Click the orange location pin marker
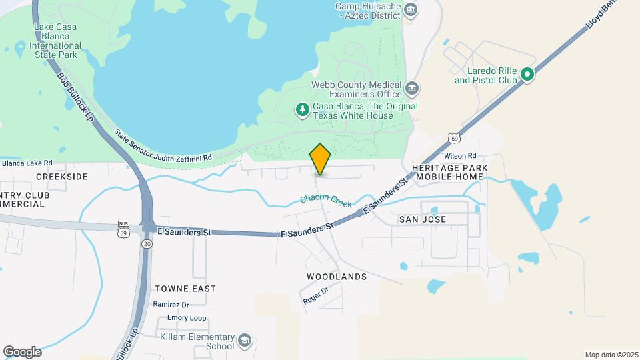coord(321,159)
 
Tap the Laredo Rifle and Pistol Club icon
coord(527,75)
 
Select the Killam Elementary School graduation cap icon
coord(245,341)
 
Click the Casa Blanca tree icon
coord(303,109)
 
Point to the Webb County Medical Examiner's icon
coord(412,88)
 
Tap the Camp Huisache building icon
coord(411,9)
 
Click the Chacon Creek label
coord(325,200)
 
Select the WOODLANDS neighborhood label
coord(337,276)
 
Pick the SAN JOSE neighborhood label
coord(422,219)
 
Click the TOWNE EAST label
coord(185,289)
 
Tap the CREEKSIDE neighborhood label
coord(62,177)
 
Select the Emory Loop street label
coord(187,318)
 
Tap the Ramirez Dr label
coord(171,304)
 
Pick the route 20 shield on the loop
coord(147,244)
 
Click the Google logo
coord(22,351)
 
